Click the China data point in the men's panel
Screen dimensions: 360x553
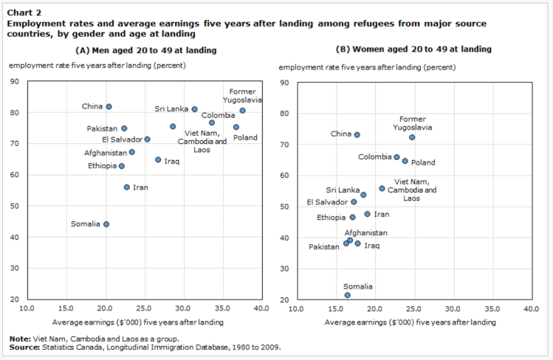(109, 107)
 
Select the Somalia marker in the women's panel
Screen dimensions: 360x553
(347, 295)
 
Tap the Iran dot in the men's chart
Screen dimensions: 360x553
(127, 187)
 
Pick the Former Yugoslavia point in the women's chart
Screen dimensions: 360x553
(412, 137)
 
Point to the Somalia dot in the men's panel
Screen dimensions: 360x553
(106, 224)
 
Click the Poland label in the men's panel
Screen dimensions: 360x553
(246, 137)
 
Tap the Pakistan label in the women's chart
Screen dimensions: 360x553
(324, 246)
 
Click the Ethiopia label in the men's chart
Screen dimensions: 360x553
(102, 166)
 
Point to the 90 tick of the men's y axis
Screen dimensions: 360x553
(15, 81)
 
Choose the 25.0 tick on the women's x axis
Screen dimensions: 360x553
(413, 309)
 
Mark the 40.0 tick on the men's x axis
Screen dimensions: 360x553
(261, 308)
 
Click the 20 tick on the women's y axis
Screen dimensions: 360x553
(284, 300)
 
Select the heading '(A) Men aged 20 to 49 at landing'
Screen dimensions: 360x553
(146, 50)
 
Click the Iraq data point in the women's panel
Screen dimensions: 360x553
(358, 243)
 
